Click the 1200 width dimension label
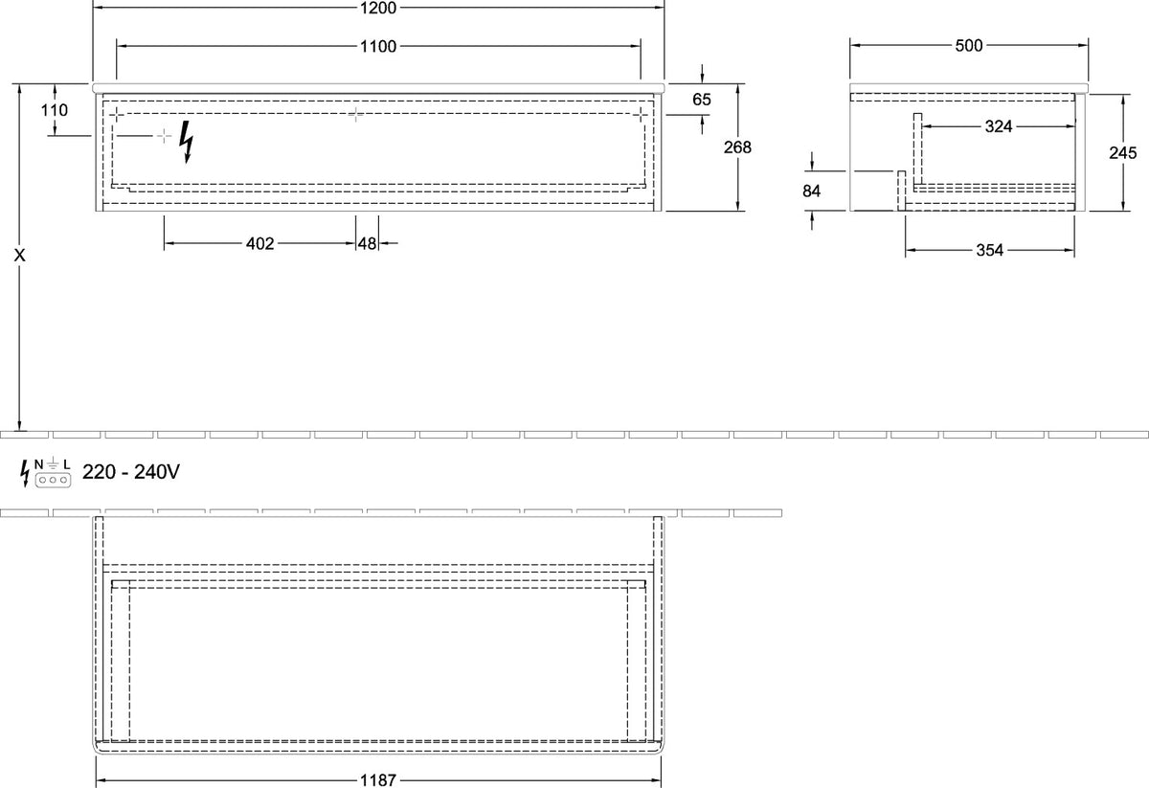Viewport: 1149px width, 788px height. pyautogui.click(x=378, y=8)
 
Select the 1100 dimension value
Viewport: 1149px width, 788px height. pyautogui.click(x=378, y=47)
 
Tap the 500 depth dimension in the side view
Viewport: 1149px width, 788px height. pyautogui.click(x=969, y=46)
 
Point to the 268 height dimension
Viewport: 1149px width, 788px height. pyautogui.click(x=737, y=147)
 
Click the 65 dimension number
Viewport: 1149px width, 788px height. pyautogui.click(x=702, y=99)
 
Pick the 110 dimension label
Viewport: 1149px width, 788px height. pyautogui.click(x=55, y=110)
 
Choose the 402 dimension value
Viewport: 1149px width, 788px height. pyautogui.click(x=260, y=243)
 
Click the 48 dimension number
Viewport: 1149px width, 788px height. pyautogui.click(x=368, y=243)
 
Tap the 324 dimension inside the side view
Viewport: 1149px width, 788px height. pyautogui.click(x=999, y=126)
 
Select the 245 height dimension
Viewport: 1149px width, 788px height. pyautogui.click(x=1123, y=152)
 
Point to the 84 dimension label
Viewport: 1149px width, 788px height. pyautogui.click(x=812, y=191)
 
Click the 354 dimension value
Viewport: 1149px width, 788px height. pyautogui.click(x=989, y=250)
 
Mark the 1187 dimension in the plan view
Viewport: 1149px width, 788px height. pyautogui.click(x=378, y=780)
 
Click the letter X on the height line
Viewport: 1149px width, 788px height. pyautogui.click(x=19, y=255)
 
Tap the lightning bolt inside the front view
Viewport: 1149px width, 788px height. pyautogui.click(x=187, y=142)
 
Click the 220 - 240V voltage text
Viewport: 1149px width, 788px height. pyautogui.click(x=131, y=471)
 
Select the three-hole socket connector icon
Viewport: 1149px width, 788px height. pyautogui.click(x=53, y=481)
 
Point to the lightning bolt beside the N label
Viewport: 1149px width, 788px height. pyautogui.click(x=25, y=473)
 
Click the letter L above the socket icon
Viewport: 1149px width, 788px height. pyautogui.click(x=67, y=464)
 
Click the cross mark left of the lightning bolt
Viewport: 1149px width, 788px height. pyautogui.click(x=164, y=136)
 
